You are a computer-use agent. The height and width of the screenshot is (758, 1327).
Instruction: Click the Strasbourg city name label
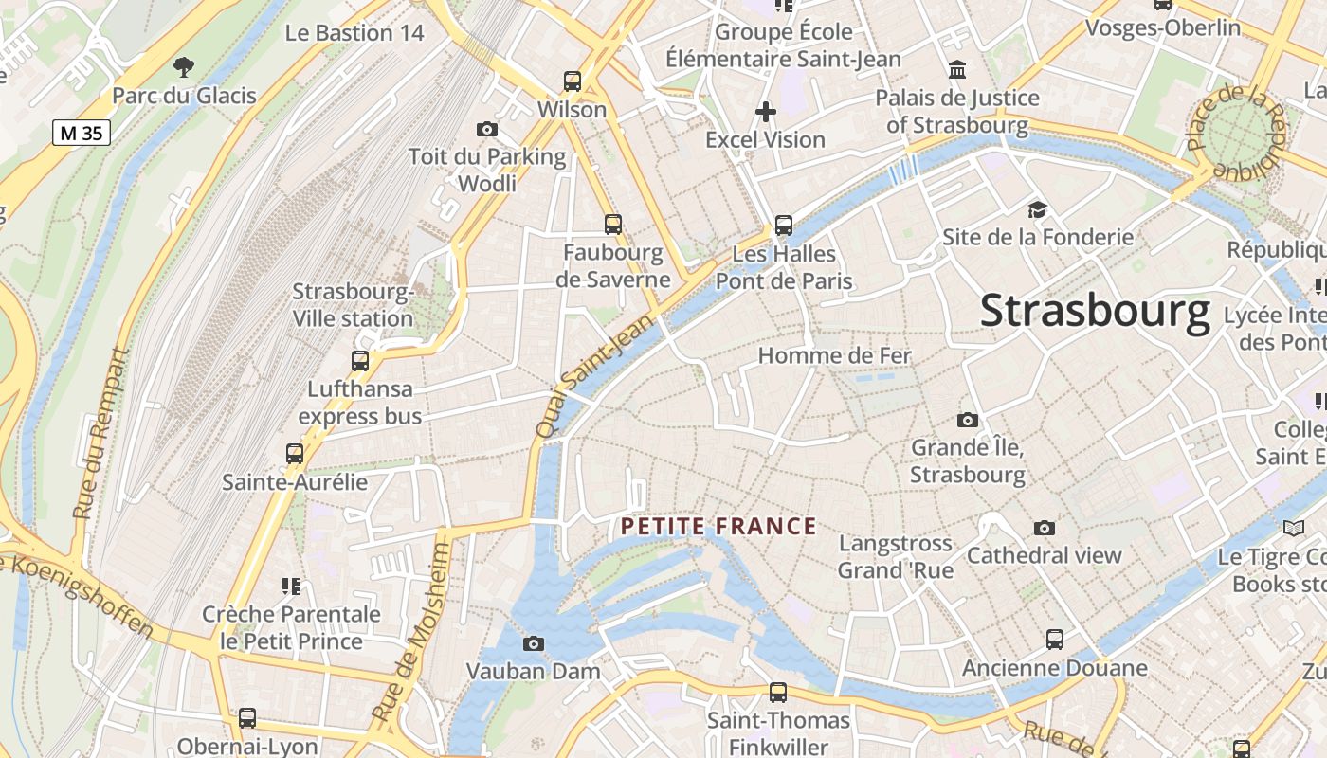click(x=1095, y=311)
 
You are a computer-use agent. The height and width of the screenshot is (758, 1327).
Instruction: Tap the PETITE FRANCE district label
click(x=718, y=527)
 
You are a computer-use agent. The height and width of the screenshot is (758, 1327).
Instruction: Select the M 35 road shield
click(x=82, y=133)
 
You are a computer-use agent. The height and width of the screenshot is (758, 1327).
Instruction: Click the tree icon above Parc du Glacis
click(x=184, y=66)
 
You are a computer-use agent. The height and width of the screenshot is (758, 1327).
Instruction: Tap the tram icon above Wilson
click(x=572, y=81)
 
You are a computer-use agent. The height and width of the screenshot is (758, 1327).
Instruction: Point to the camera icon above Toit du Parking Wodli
click(x=487, y=129)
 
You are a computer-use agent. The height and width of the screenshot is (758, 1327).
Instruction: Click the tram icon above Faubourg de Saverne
click(x=613, y=225)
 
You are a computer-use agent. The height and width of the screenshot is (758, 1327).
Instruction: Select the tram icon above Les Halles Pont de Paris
click(x=783, y=226)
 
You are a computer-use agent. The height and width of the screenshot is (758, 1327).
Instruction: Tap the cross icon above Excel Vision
click(x=765, y=112)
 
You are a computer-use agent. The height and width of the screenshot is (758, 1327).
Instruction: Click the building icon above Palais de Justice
click(x=957, y=70)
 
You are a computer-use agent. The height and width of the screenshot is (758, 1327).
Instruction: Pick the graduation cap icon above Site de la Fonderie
click(x=1037, y=209)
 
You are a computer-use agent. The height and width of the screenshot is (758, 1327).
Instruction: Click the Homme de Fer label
click(x=834, y=356)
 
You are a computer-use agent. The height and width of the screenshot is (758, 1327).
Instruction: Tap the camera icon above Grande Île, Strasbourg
click(x=967, y=420)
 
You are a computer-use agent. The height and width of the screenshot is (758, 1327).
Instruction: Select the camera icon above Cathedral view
click(x=1044, y=528)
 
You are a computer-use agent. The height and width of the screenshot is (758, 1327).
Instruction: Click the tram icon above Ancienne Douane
click(x=1054, y=640)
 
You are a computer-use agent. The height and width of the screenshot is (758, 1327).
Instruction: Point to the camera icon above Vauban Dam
click(x=534, y=644)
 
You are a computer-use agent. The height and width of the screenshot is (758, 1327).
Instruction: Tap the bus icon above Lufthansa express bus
click(x=359, y=360)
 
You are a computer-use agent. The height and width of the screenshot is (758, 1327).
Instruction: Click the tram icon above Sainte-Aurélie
click(x=295, y=454)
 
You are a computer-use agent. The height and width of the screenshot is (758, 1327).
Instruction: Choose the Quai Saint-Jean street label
click(x=595, y=375)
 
